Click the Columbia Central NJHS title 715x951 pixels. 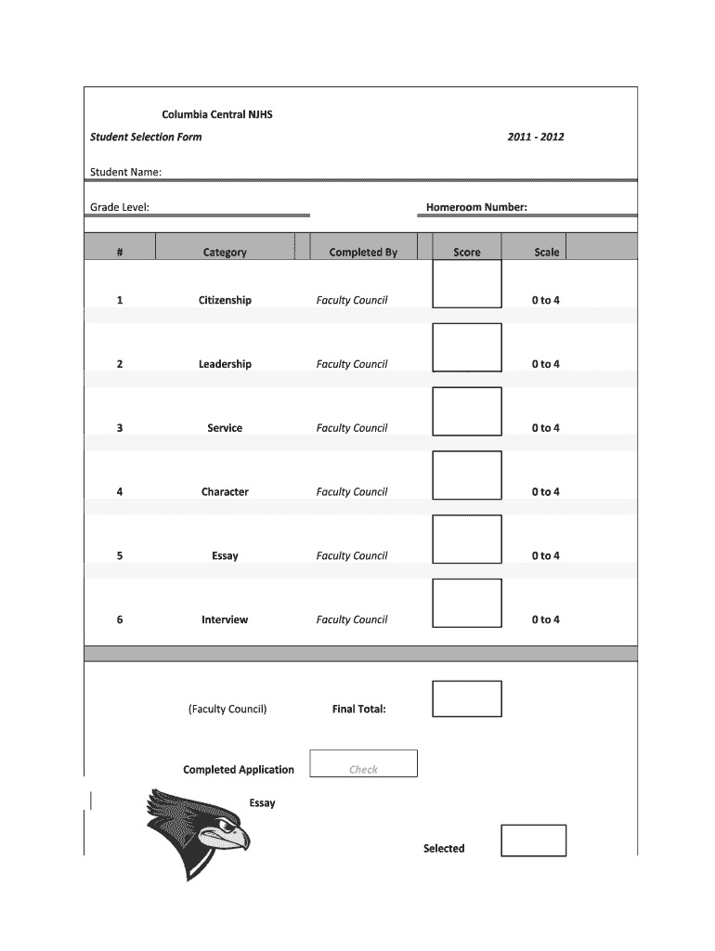pos(217,115)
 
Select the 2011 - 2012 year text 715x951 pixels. pos(536,137)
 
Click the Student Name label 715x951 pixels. pos(125,172)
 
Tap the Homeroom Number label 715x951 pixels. pos(476,207)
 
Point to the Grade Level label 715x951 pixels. pos(119,207)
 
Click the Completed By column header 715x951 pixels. pos(363,252)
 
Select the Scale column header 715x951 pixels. pos(547,252)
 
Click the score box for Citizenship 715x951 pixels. pos(467,283)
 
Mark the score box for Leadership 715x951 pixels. pos(467,347)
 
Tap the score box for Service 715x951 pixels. pos(467,411)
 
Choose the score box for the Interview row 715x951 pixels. pos(467,603)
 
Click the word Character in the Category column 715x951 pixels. pos(225,492)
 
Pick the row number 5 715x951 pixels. pos(120,556)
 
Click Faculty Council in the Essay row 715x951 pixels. pos(352,556)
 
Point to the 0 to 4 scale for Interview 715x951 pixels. pos(545,619)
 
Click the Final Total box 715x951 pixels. pos(467,698)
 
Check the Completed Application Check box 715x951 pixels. pos(363,763)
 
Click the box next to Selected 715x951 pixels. pos(533,840)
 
